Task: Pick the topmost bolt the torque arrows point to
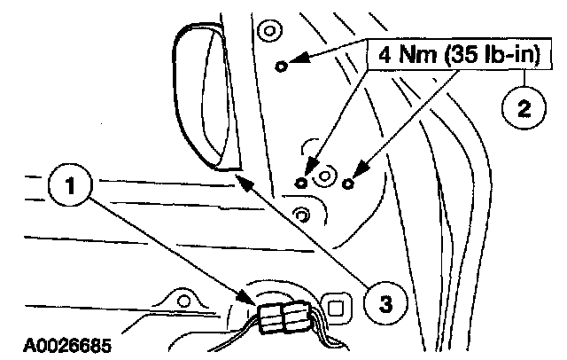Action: pyautogui.click(x=282, y=66)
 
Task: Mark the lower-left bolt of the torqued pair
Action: pyautogui.click(x=303, y=184)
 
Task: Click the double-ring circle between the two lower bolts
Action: pyautogui.click(x=324, y=177)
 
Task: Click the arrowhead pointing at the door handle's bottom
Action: pyautogui.click(x=243, y=180)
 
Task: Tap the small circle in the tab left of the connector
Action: pyautogui.click(x=184, y=302)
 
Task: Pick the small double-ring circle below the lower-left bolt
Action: pyautogui.click(x=303, y=215)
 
